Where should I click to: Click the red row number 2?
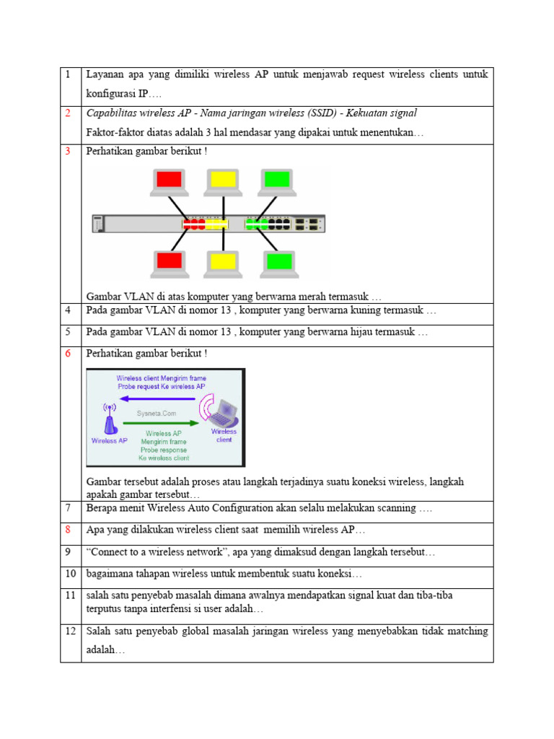[x=67, y=113]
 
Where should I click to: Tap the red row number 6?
[x=67, y=354]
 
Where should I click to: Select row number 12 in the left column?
[x=69, y=631]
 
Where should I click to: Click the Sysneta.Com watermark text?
[x=156, y=413]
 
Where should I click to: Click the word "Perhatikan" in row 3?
[x=109, y=152]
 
